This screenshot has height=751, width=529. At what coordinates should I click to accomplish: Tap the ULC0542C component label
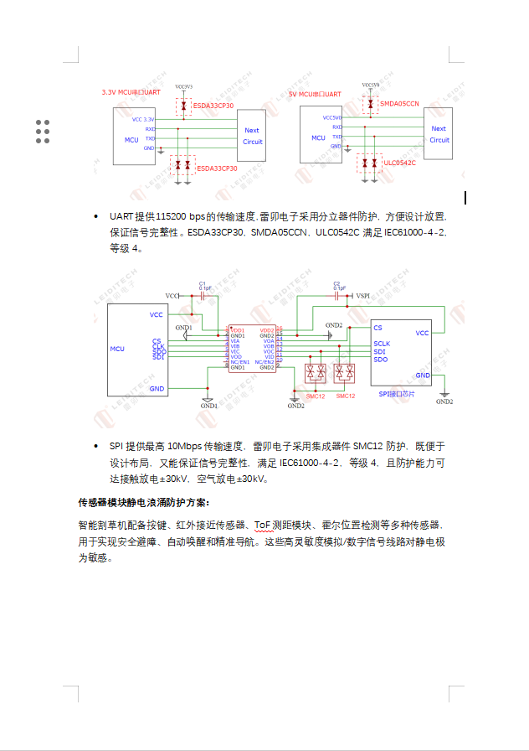(x=399, y=163)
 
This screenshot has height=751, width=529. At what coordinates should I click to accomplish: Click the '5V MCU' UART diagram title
(x=315, y=95)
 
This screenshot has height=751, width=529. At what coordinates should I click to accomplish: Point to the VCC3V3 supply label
(x=184, y=86)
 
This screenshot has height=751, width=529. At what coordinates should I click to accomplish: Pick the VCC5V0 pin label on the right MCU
(x=332, y=118)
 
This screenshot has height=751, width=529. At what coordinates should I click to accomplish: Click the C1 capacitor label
(x=203, y=283)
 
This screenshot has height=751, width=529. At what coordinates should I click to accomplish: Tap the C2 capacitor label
(x=336, y=283)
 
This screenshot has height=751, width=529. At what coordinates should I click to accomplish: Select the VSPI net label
(x=362, y=296)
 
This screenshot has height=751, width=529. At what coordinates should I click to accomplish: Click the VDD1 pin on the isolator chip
(x=238, y=330)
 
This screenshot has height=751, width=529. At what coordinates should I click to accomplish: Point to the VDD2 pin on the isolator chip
(x=268, y=330)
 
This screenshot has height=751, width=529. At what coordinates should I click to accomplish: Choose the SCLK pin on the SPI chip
(x=382, y=344)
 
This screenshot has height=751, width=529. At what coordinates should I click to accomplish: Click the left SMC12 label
(x=316, y=396)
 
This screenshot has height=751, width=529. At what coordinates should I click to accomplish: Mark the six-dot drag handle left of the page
(x=43, y=132)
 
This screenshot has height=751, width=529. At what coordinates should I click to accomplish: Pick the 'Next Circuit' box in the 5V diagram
(x=439, y=135)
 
